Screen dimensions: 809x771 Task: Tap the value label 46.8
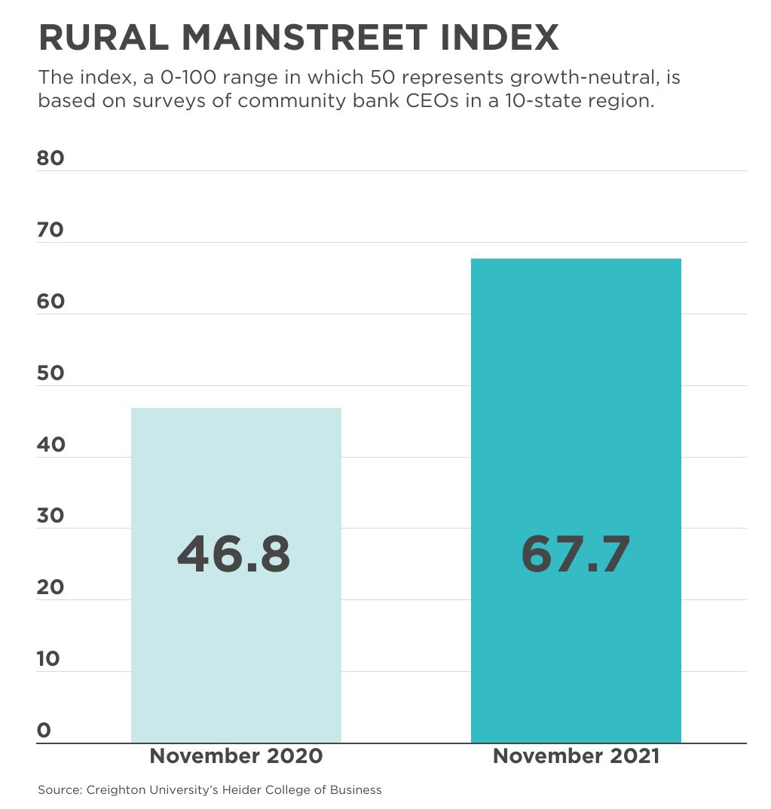(x=234, y=554)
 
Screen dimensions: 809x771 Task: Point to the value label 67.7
(x=576, y=554)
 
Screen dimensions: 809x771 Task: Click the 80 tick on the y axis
(x=50, y=158)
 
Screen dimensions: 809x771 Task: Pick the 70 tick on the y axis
(x=50, y=230)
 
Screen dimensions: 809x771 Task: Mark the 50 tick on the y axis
(x=50, y=373)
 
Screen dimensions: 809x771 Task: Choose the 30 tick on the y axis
(x=50, y=516)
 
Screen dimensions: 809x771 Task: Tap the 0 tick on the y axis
(x=44, y=731)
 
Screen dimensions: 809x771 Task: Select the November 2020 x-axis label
(x=236, y=756)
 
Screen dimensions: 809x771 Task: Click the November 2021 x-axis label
(x=576, y=756)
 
